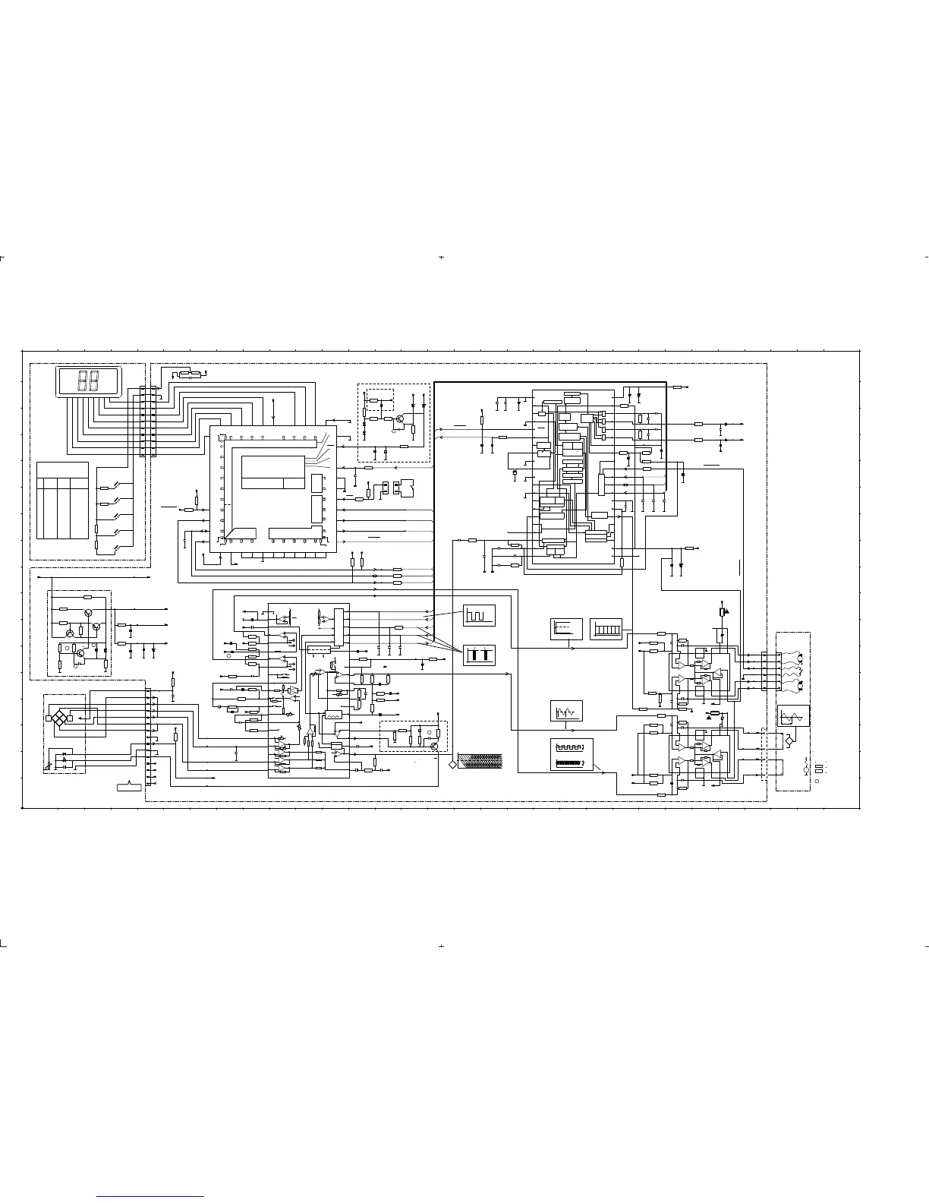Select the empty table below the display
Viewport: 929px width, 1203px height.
point(62,500)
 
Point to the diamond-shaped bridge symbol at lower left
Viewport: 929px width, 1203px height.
point(58,717)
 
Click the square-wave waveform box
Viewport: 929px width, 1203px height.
point(479,614)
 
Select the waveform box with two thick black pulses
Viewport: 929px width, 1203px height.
point(479,654)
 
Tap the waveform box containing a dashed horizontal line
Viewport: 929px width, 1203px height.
point(566,629)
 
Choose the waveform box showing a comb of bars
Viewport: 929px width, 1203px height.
point(606,629)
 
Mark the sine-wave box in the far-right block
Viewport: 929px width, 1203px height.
point(793,716)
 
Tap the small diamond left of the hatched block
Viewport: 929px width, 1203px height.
point(453,763)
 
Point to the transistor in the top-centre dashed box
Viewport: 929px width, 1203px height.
point(400,418)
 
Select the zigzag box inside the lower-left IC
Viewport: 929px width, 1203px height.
point(332,715)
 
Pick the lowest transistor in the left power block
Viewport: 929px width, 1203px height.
point(80,652)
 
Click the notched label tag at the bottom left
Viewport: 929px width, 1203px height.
point(130,786)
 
